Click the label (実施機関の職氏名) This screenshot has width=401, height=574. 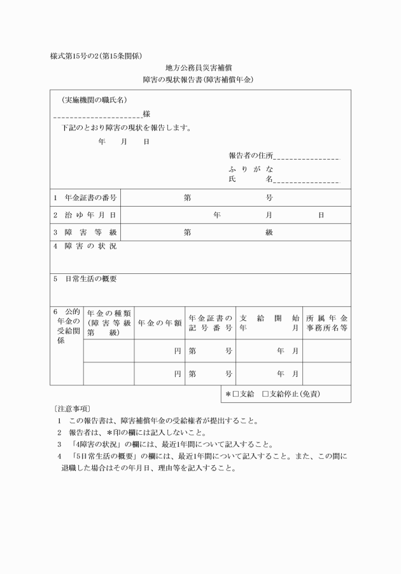(x=94, y=100)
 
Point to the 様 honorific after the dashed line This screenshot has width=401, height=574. (x=146, y=114)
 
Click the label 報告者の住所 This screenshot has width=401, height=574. (x=251, y=156)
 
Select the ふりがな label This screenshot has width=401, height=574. (x=251, y=169)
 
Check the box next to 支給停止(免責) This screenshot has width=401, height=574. (x=266, y=394)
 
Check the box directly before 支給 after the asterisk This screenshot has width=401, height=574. (x=236, y=394)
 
